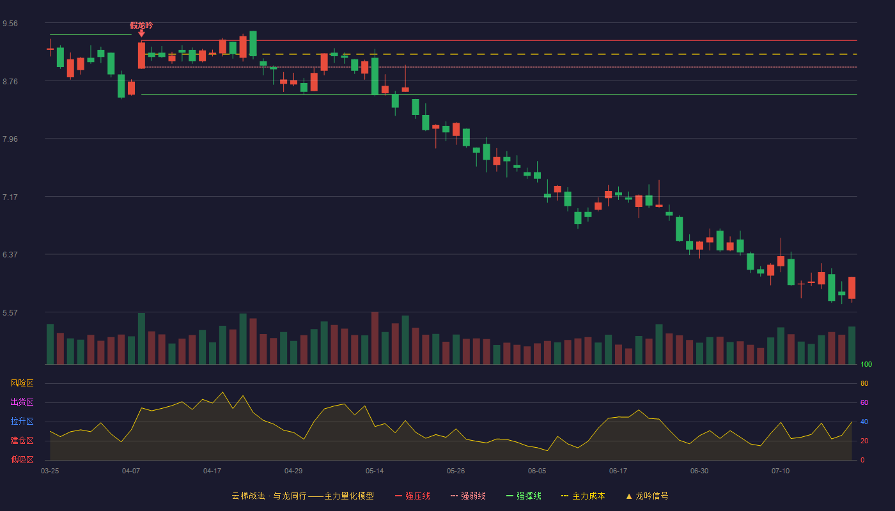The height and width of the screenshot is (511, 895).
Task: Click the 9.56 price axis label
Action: pos(10,24)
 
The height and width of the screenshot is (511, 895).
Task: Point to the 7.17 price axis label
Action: pos(10,197)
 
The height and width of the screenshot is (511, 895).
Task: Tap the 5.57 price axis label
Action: pos(10,313)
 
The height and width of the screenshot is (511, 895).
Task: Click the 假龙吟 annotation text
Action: pos(141,26)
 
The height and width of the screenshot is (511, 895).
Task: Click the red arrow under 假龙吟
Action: pos(141,33)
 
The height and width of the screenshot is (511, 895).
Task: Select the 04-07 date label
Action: pos(131,471)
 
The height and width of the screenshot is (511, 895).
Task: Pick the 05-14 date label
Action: pos(375,471)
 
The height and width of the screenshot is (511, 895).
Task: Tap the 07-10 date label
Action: pos(781,471)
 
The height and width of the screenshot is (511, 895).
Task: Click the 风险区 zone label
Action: pos(22,383)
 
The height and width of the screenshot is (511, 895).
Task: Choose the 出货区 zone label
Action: pos(22,402)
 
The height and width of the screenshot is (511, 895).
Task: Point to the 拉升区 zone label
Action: pos(22,421)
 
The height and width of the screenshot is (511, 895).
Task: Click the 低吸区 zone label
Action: pos(22,459)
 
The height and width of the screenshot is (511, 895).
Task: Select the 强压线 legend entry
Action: pos(412,496)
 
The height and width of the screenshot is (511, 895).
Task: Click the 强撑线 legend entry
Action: pos(524,496)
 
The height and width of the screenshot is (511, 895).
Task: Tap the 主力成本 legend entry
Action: pos(583,496)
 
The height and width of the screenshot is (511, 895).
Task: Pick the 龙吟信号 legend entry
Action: pos(647,496)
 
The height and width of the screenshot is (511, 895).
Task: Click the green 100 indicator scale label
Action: pos(866,364)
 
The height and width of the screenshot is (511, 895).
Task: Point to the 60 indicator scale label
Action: pos(864,402)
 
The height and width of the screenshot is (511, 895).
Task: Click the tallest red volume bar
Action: pos(375,338)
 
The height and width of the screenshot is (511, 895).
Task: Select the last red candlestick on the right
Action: pos(852,288)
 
